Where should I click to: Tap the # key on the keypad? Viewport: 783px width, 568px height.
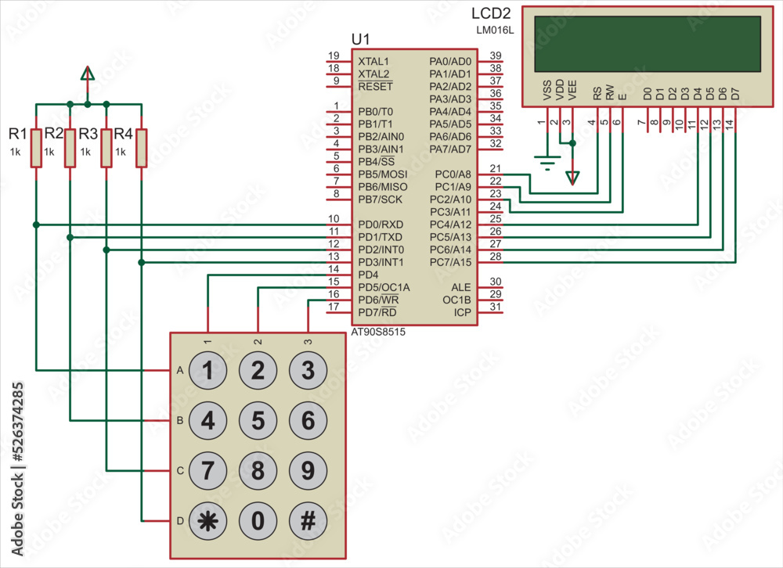point(308,520)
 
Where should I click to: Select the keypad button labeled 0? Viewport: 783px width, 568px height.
point(258,520)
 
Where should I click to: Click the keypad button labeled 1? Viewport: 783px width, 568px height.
point(208,370)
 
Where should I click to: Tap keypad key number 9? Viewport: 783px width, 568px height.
point(308,470)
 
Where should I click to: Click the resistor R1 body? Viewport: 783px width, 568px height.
point(35,147)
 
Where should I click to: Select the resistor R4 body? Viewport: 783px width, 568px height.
point(141,147)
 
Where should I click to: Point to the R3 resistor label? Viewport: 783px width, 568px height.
point(88,134)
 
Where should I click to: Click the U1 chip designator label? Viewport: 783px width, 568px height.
point(361,40)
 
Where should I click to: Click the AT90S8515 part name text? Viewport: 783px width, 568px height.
point(378,332)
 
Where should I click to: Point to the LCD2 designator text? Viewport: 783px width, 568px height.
point(491,14)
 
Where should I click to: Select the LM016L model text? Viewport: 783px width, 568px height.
point(493,30)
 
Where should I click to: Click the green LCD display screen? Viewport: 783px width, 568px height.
point(647,44)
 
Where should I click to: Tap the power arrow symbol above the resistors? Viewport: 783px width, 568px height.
point(88,74)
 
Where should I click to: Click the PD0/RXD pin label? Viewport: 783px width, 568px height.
point(380,225)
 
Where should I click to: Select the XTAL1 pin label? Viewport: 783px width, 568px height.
point(373,61)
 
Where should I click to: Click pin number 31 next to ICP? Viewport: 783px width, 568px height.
point(495,307)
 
